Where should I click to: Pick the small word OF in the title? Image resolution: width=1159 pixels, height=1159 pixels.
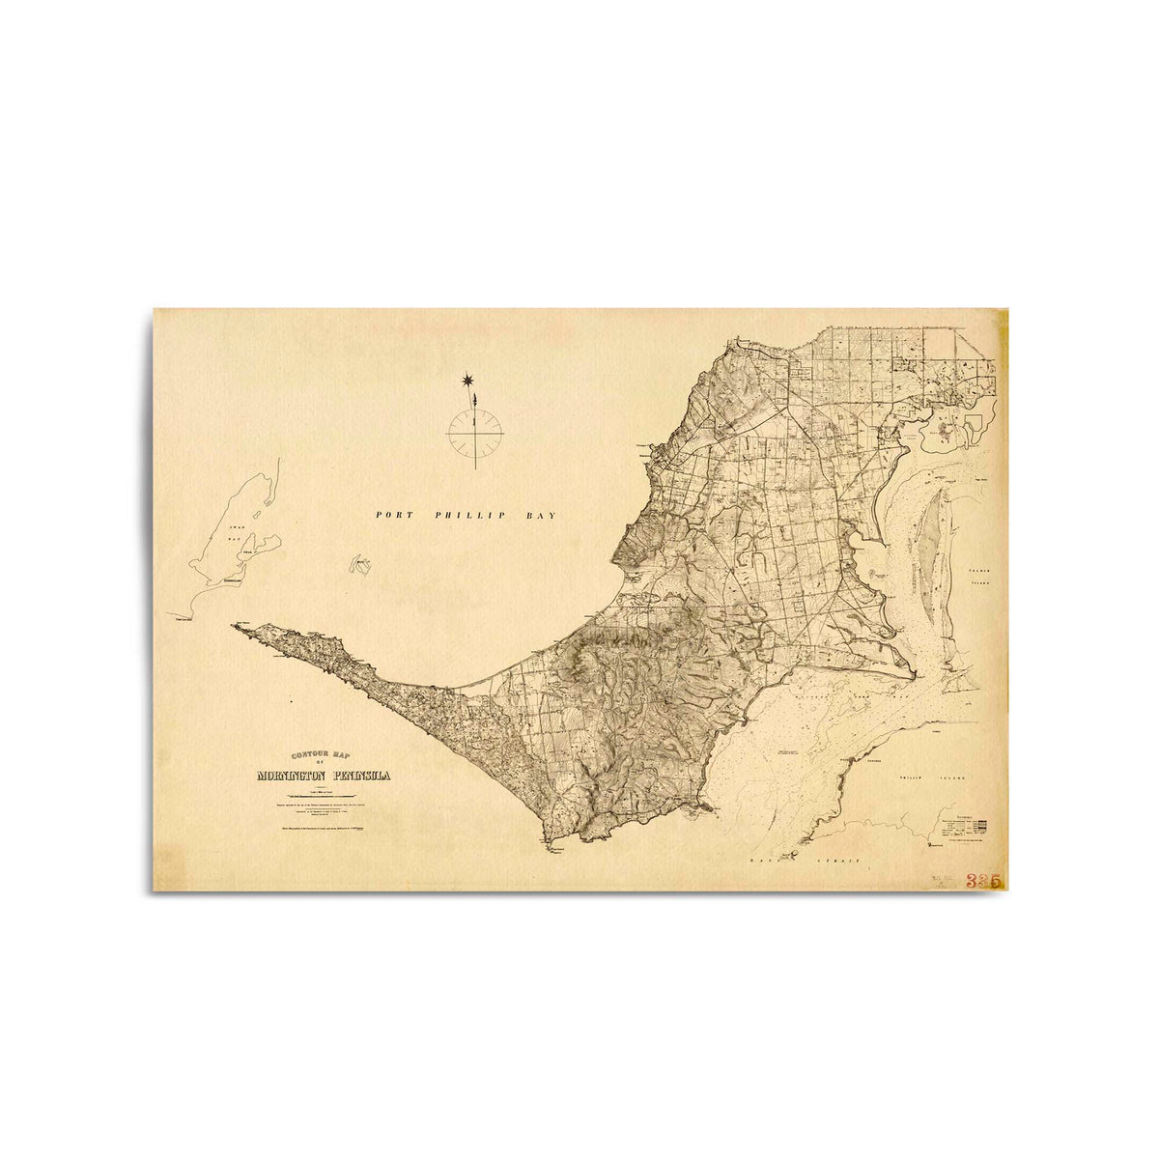[x=324, y=765]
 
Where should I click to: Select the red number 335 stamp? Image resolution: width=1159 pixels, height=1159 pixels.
[x=983, y=880]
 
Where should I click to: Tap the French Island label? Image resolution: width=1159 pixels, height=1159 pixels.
[x=981, y=578]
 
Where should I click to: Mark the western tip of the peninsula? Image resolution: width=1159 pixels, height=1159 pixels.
[x=234, y=626]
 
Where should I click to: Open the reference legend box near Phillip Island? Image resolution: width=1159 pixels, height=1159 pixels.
[x=966, y=827]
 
